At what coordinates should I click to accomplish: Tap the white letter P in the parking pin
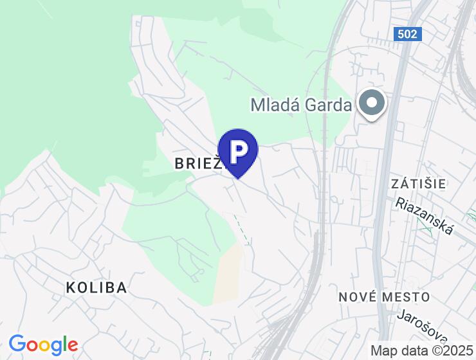(x=238, y=151)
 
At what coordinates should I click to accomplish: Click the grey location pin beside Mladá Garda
(x=371, y=104)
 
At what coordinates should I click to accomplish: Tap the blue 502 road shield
(x=408, y=34)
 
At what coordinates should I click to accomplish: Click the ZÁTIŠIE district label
(x=418, y=184)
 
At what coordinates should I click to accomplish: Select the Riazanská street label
(x=425, y=216)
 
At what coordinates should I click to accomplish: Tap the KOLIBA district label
(x=96, y=287)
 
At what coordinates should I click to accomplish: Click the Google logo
(x=43, y=345)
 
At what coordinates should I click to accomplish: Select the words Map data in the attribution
(x=398, y=350)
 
